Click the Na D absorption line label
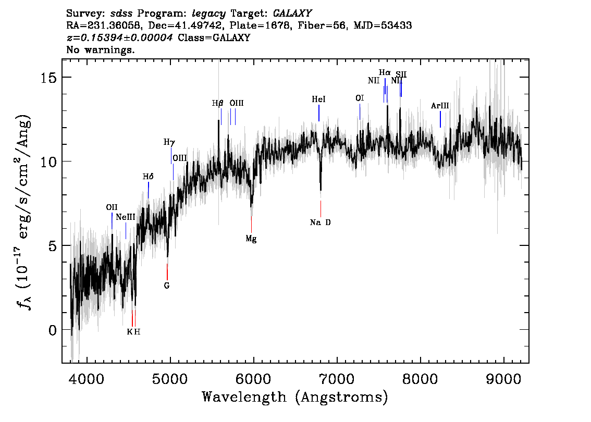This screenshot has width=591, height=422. [320, 222]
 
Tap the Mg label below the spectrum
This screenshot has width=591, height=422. [251, 239]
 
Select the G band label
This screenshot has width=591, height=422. [167, 286]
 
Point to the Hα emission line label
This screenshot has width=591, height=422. [385, 73]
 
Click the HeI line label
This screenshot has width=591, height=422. [318, 99]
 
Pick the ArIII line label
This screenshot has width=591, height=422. [440, 106]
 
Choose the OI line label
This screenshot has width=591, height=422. [360, 98]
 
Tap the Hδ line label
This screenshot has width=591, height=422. [148, 177]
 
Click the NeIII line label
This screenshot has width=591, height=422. [126, 217]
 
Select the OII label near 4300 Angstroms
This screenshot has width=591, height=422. [112, 207]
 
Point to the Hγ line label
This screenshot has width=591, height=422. [169, 142]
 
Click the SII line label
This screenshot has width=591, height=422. [401, 75]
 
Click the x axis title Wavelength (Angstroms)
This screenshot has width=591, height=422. [295, 397]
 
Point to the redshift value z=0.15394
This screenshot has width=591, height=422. [119, 38]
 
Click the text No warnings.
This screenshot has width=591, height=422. [101, 50]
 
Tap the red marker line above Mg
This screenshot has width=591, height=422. [251, 225]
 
